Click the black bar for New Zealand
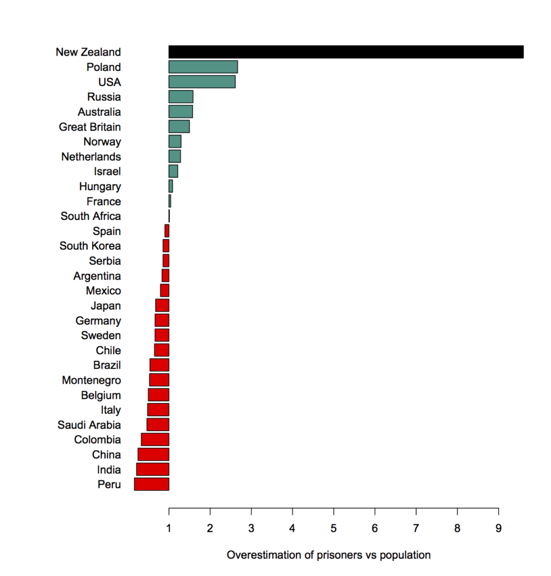(346, 52)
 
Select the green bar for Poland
(203, 67)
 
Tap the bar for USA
(202, 82)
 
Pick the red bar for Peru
(151, 484)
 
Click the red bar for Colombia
(155, 439)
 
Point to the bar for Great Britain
(179, 127)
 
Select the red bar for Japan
(162, 305)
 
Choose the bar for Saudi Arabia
(158, 425)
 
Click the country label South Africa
(91, 216)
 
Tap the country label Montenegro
(91, 380)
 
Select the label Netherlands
(91, 156)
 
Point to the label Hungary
(100, 186)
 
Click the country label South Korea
(90, 246)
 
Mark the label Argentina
(97, 276)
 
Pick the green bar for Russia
(181, 97)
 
